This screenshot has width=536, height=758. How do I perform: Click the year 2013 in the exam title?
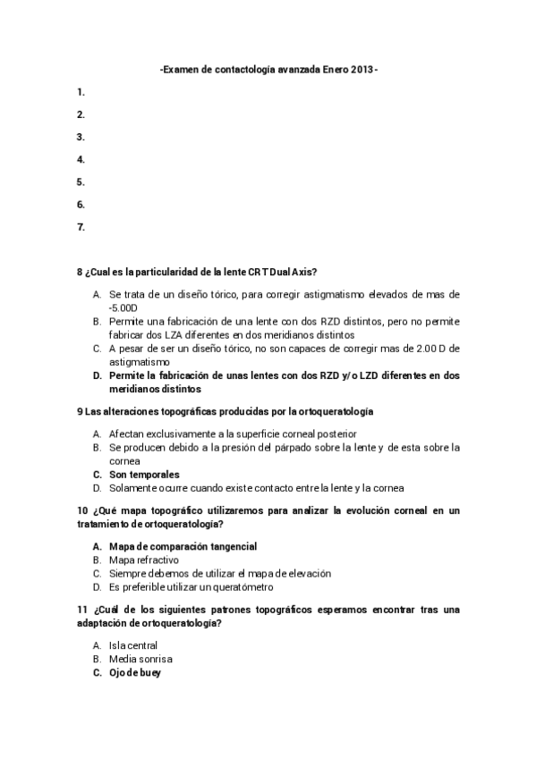point(362,69)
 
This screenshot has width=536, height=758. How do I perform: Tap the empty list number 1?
point(81,92)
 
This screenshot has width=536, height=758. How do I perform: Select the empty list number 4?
point(81,159)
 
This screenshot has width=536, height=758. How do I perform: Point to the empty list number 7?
point(81,227)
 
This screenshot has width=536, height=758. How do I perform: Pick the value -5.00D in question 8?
point(123,306)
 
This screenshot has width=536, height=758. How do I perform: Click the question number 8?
point(81,272)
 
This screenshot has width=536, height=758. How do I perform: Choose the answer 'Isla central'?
point(132,644)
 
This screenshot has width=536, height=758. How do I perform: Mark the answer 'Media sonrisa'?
point(140,659)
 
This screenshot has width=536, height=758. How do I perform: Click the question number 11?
point(82,610)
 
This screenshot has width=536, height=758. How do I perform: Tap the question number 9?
point(81,411)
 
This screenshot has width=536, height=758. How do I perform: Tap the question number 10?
point(82,510)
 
